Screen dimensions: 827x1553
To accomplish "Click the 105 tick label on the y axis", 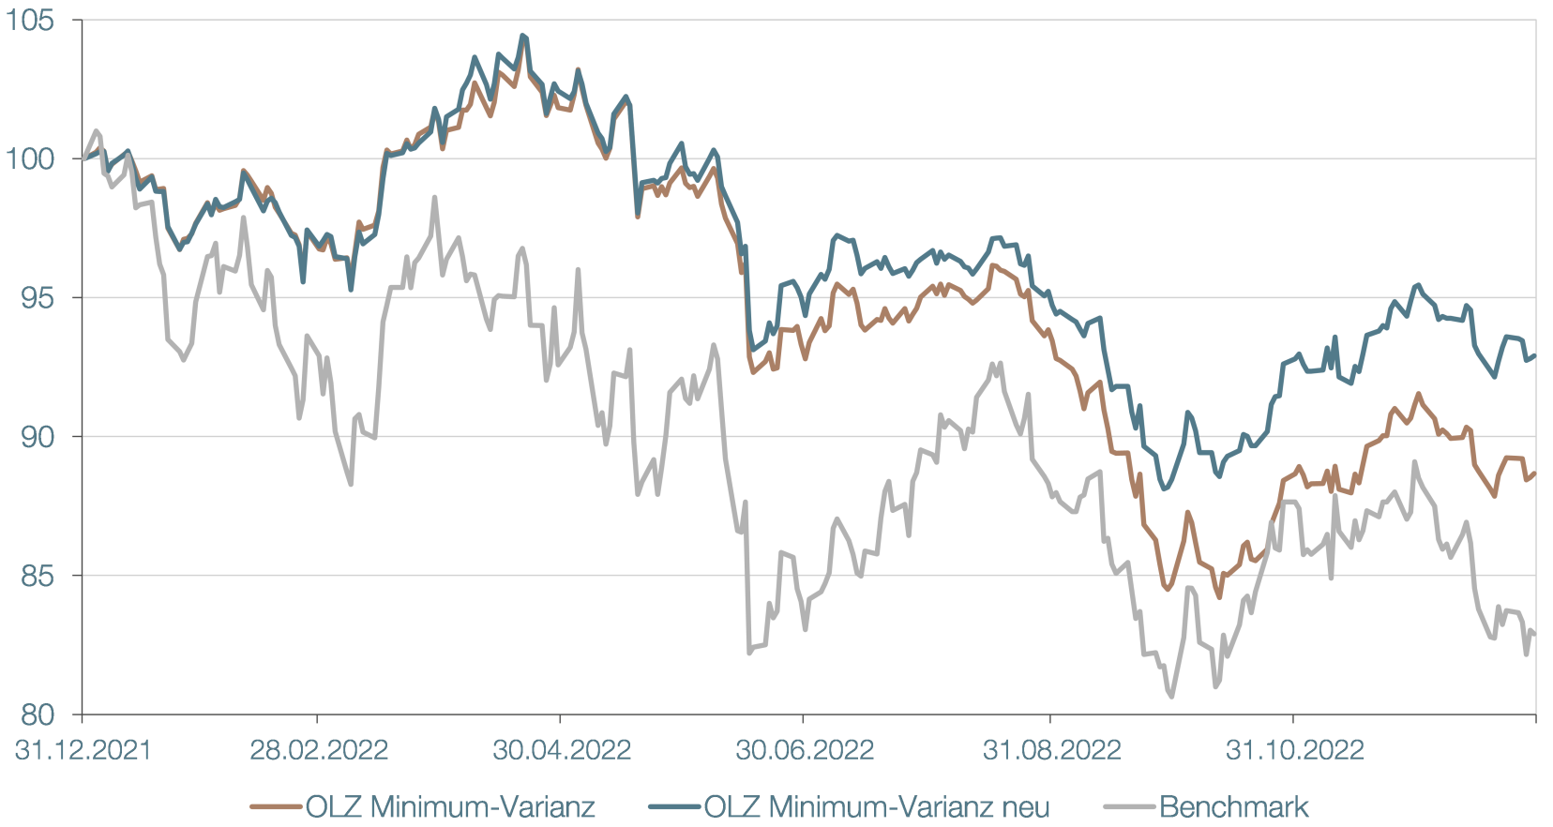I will (x=31, y=20).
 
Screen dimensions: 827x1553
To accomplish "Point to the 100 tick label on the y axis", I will (x=31, y=158).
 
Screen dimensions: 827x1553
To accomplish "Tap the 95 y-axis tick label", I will (x=38, y=297).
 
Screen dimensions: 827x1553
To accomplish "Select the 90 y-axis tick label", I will (x=38, y=436).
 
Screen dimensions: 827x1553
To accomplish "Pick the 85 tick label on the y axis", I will (x=38, y=575).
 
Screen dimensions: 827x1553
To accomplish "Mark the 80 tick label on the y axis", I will (x=38, y=714).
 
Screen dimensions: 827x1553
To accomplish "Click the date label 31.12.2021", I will (x=83, y=750).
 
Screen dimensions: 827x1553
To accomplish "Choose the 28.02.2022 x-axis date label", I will (x=319, y=750).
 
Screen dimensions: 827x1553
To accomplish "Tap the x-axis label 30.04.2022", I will (x=562, y=750).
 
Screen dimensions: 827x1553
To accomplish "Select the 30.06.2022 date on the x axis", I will (x=805, y=750).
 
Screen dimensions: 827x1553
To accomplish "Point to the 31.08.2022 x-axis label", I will (x=1051, y=750).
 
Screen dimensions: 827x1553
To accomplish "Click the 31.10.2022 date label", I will (x=1294, y=750).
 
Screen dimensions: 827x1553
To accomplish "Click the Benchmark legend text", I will (x=1233, y=806).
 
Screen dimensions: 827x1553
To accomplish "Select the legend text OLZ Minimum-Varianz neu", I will (x=877, y=806).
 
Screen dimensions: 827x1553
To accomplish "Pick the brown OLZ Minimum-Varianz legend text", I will (x=450, y=806).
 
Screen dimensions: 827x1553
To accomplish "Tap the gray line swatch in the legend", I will (x=1130, y=806).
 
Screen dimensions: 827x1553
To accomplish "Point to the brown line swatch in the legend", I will (x=277, y=806).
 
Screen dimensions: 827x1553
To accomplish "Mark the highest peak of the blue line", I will (x=522, y=36).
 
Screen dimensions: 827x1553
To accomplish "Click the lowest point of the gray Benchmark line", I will (x=1172, y=697).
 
